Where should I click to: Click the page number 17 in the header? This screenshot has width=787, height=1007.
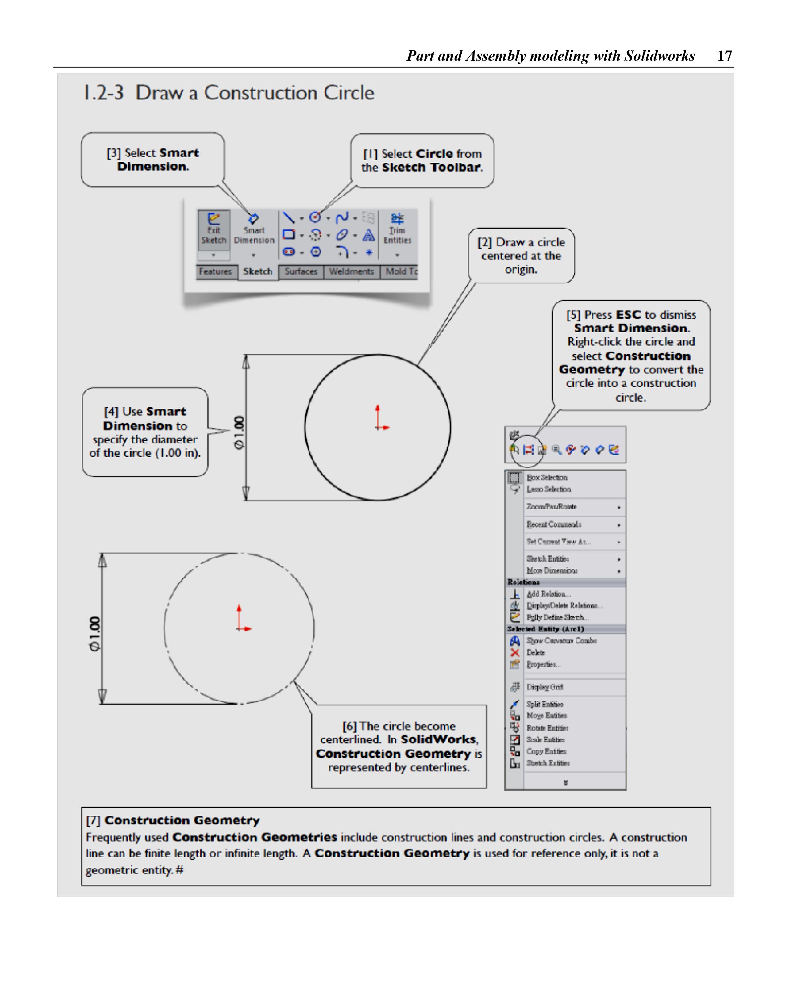pyautogui.click(x=724, y=56)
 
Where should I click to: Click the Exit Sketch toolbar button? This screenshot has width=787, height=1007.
pyautogui.click(x=213, y=230)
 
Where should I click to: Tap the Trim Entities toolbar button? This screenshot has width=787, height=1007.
pyautogui.click(x=397, y=230)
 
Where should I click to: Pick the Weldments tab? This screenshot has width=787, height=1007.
pyautogui.click(x=351, y=272)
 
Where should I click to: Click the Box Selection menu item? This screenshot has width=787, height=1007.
pyautogui.click(x=547, y=478)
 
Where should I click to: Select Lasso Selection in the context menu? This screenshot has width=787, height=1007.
pyautogui.click(x=549, y=489)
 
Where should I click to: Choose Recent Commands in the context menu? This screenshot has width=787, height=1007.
pyautogui.click(x=554, y=525)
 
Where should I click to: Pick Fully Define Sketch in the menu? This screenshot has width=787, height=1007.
pyautogui.click(x=557, y=617)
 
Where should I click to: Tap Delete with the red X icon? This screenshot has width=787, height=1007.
pyautogui.click(x=536, y=653)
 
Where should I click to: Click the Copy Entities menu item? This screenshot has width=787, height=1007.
pyautogui.click(x=546, y=752)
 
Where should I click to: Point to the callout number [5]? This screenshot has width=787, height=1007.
pyautogui.click(x=574, y=315)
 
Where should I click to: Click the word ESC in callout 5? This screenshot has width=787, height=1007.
pyautogui.click(x=628, y=315)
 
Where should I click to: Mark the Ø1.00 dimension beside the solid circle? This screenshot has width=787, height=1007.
pyautogui.click(x=239, y=432)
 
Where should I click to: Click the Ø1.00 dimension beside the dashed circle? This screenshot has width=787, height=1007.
pyautogui.click(x=95, y=634)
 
